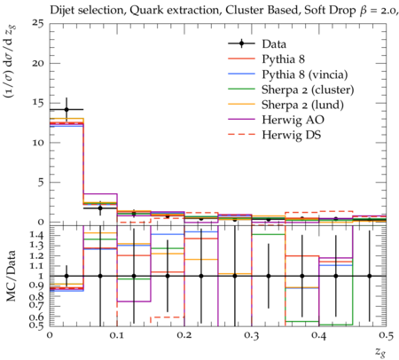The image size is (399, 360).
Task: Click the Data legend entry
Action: click(274, 44)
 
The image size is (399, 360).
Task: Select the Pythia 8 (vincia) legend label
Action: click(305, 74)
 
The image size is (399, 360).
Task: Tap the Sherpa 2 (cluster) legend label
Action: click(308, 90)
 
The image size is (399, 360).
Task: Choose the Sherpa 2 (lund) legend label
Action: click(302, 105)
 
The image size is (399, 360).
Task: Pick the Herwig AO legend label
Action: click(293, 120)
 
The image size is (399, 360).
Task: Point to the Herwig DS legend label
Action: click(292, 135)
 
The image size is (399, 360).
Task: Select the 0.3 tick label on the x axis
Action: click(252, 335)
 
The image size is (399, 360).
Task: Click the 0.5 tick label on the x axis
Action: click(387, 335)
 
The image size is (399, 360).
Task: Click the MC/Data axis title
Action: click(11, 276)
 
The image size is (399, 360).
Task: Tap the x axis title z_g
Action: click(380, 351)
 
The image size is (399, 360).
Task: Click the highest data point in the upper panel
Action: click(66, 110)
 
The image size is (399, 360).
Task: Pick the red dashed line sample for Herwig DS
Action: click(241, 135)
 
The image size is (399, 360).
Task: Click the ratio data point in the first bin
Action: click(66, 276)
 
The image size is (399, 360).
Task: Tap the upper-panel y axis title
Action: click(11, 61)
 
